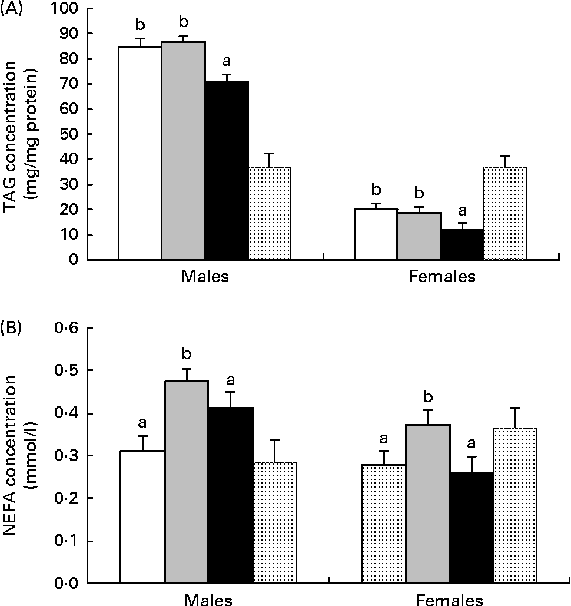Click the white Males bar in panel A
[x=140, y=153]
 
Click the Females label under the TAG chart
[x=441, y=277]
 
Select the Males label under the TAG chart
[x=205, y=277]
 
